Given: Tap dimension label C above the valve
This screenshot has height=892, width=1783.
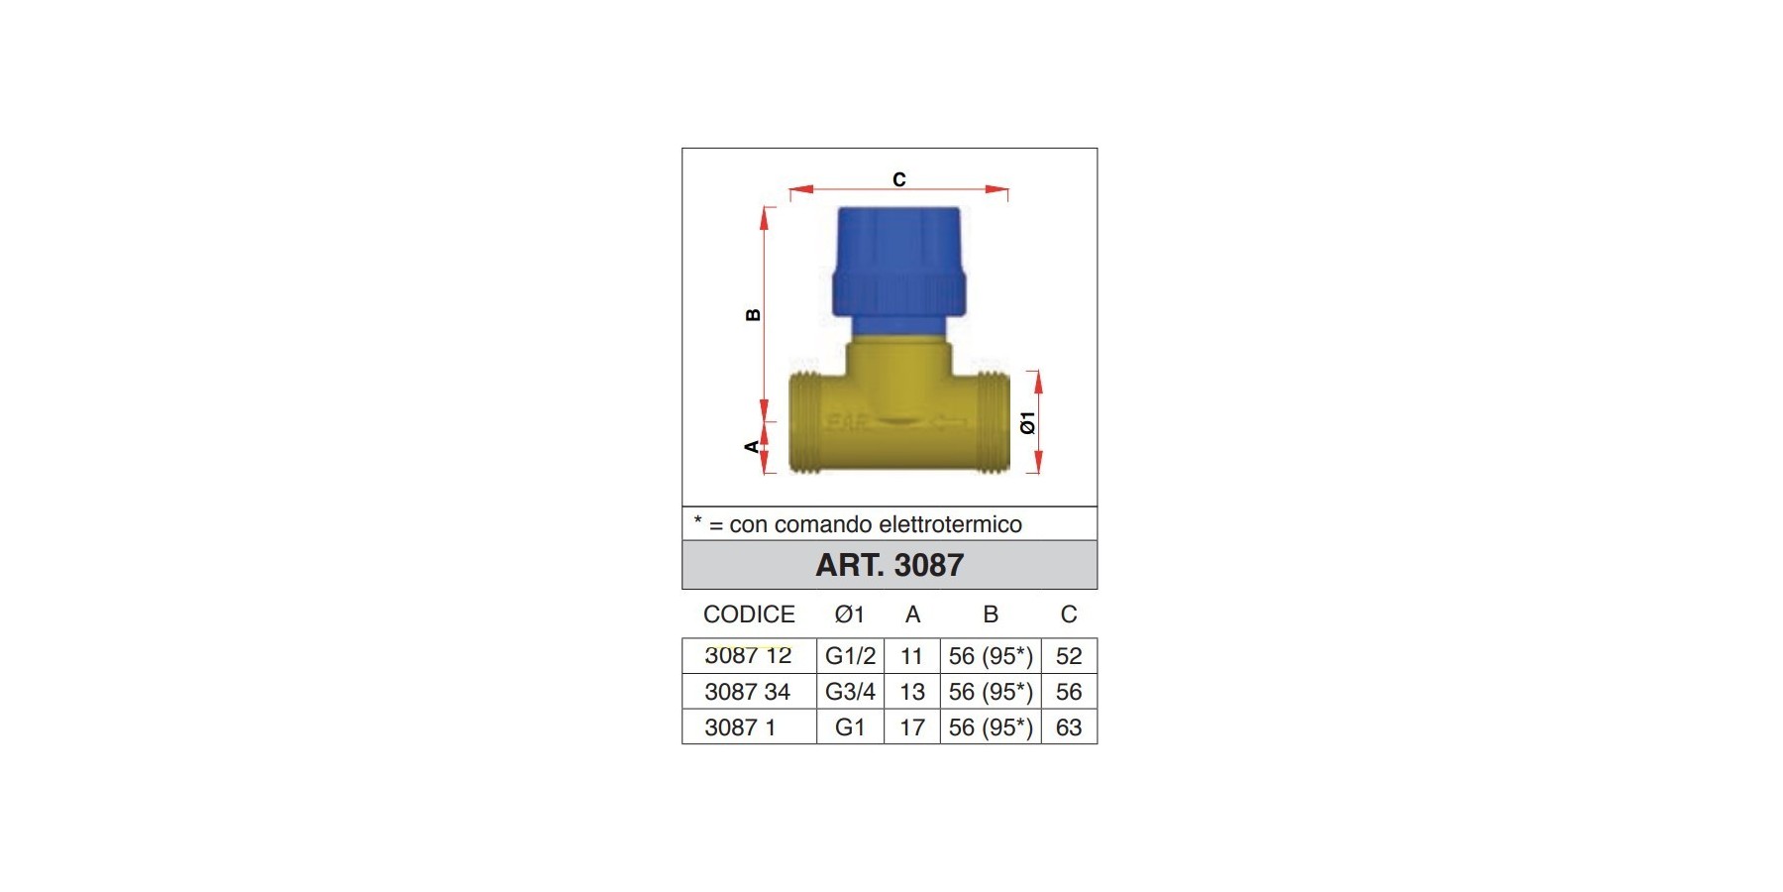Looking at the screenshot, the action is (x=899, y=179).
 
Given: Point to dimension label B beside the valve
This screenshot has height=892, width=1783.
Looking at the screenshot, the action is (x=753, y=315).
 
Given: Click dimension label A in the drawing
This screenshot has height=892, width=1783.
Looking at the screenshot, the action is (x=752, y=447).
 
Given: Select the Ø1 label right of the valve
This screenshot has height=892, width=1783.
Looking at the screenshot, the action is (x=1028, y=422).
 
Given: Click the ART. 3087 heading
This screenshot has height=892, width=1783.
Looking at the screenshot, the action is (x=890, y=565).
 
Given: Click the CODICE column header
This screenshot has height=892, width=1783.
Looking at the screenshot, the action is (x=749, y=614).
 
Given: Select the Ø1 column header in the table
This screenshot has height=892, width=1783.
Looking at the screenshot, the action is (x=850, y=614).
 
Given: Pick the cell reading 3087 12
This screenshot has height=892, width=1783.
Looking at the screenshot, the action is (x=748, y=656).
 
